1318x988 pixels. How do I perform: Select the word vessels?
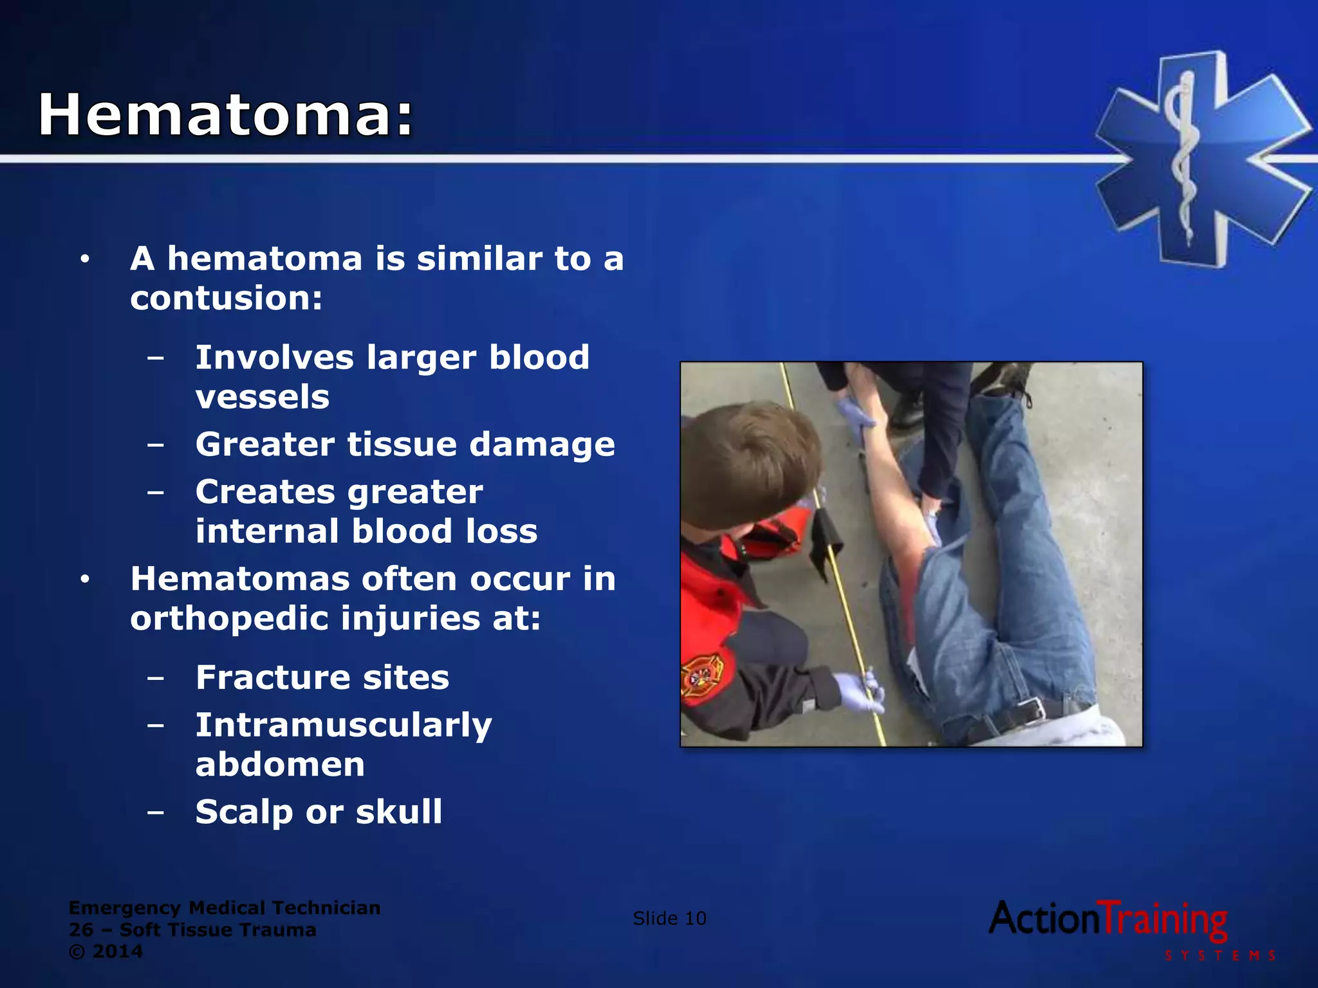tap(263, 396)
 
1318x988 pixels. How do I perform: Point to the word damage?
tap(542, 444)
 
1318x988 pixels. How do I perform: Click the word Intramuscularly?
tap(344, 726)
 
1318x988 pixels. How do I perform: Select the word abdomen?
tap(280, 764)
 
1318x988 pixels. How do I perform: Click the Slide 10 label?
tap(669, 918)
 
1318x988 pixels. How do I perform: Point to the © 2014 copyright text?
tap(106, 951)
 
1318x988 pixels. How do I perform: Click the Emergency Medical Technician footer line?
tap(225, 908)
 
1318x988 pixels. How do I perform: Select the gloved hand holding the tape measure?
tap(859, 691)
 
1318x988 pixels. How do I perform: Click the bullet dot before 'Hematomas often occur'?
tap(85, 580)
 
